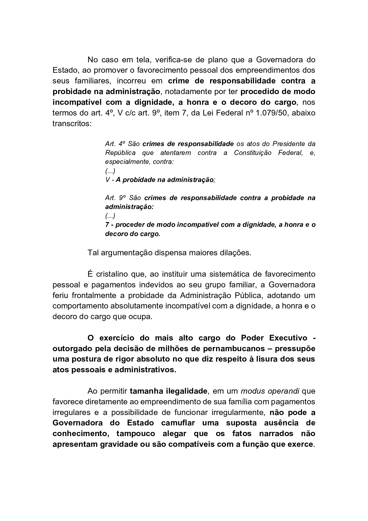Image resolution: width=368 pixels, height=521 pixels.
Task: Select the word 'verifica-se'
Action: (x=173, y=60)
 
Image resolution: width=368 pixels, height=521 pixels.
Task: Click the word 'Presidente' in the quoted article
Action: (x=288, y=144)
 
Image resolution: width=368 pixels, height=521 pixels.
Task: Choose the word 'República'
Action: (x=120, y=153)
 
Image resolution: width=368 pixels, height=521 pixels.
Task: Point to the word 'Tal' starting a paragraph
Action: (x=93, y=253)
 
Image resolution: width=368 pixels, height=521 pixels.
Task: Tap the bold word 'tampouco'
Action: (x=136, y=434)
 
